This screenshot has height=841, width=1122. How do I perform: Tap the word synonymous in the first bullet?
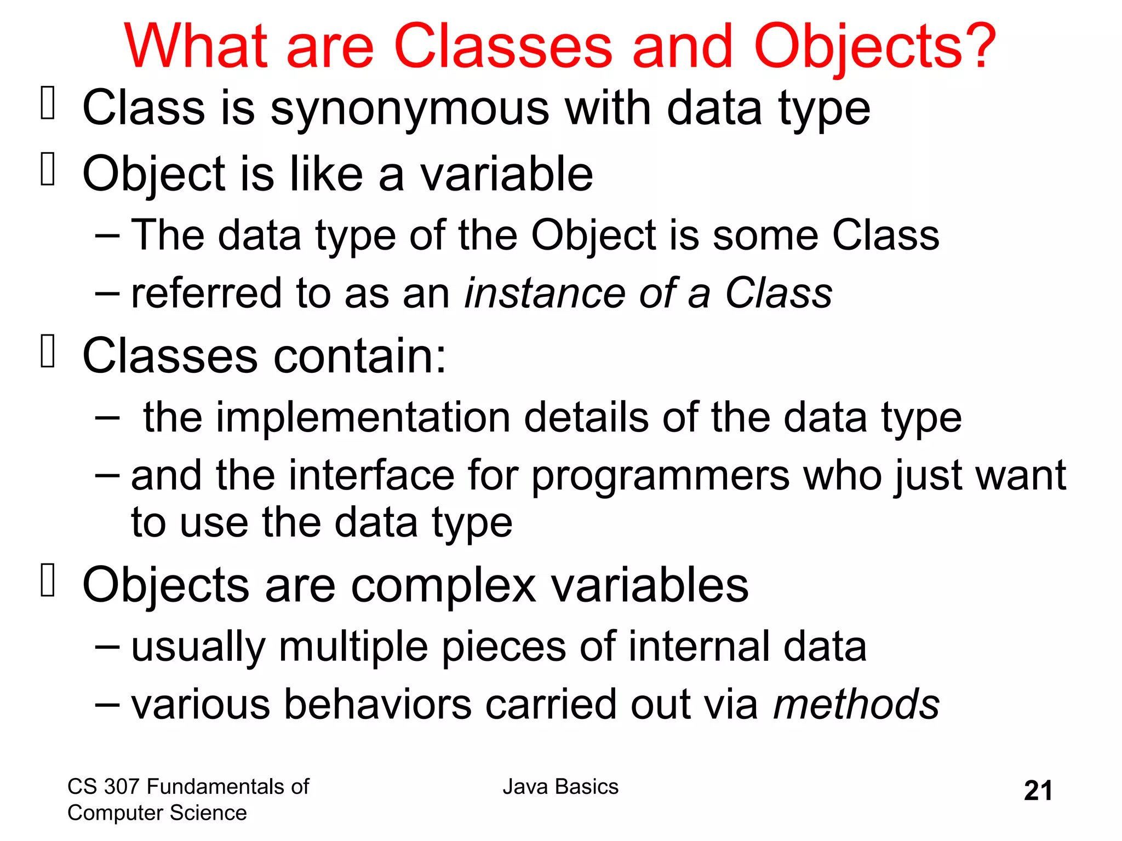point(409,108)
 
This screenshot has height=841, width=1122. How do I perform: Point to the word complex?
point(443,586)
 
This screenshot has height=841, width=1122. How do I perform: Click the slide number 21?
point(1038,791)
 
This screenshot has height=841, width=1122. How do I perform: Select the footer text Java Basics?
point(560,787)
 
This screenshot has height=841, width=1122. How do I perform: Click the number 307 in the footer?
point(122,787)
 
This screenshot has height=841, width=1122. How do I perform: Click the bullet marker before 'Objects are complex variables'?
point(48,580)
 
